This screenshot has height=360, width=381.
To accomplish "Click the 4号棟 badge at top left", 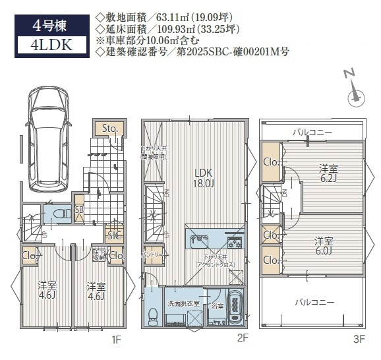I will click(x=50, y=26).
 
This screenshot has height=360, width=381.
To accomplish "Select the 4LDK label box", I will click(x=50, y=45).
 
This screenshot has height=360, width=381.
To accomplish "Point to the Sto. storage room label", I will click(x=109, y=129).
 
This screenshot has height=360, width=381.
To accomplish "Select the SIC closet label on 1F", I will click(x=113, y=234).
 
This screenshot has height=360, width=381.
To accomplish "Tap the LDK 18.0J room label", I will click(x=204, y=178).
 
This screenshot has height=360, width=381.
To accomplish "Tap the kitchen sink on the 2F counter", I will click(x=198, y=241).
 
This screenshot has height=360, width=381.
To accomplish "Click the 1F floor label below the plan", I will click(x=115, y=340).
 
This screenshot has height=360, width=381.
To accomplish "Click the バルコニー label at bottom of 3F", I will click(x=312, y=303).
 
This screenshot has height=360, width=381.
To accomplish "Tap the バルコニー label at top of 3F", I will click(x=312, y=132).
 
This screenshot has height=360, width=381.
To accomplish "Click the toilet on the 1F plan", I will click(x=57, y=214).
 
